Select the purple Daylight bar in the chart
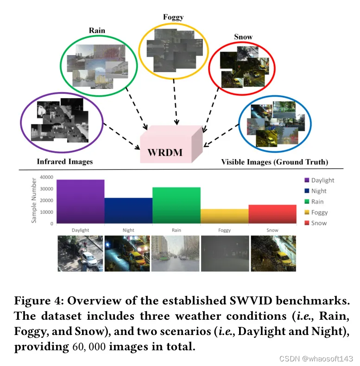80,201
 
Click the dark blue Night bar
128,211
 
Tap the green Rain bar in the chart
176,205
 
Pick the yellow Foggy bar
224,216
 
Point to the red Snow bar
272,214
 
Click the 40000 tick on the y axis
47,177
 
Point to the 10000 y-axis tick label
47,212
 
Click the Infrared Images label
65,161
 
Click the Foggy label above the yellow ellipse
173,18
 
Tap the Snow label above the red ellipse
243,37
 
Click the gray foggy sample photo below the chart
224,254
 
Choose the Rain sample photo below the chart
176,254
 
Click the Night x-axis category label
128,230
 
